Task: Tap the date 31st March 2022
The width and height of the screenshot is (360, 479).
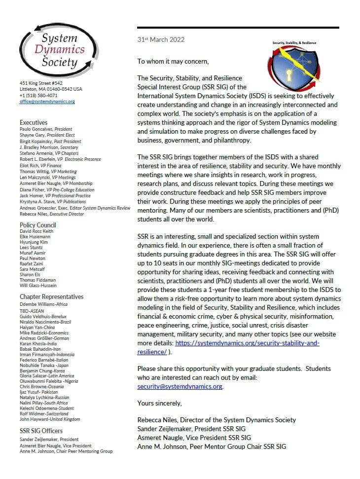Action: tap(161, 39)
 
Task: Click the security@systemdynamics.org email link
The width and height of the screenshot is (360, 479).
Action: tap(180, 386)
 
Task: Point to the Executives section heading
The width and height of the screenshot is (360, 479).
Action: tap(34, 122)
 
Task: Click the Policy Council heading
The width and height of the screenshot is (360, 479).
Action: tap(37, 225)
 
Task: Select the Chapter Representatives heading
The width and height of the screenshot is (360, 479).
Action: tap(52, 296)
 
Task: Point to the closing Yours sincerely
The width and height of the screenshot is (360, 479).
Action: tap(159, 403)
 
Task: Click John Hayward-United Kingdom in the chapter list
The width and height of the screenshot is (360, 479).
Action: tap(50, 419)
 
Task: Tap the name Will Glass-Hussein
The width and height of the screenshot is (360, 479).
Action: tap(38, 286)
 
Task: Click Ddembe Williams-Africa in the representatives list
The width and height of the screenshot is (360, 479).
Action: tap(43, 304)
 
